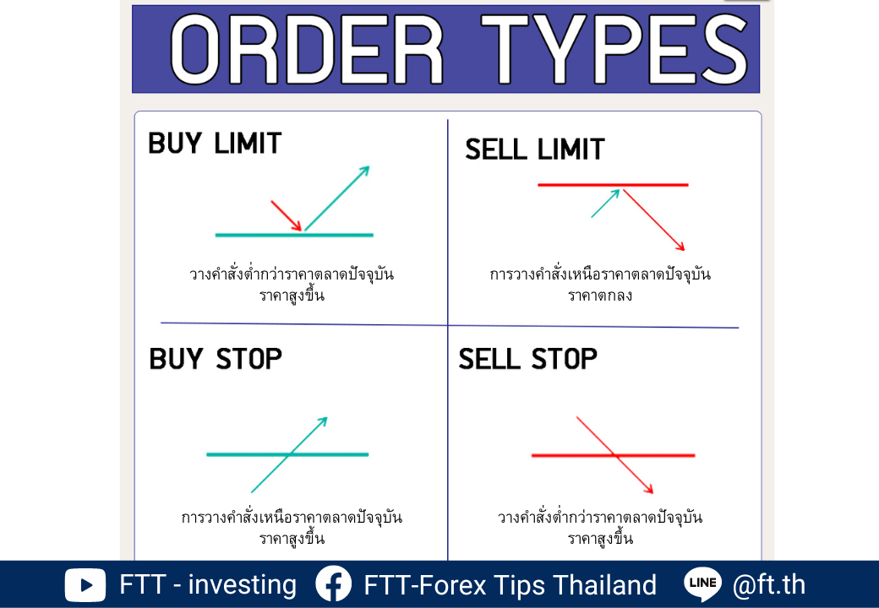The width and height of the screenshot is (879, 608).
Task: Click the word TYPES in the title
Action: (615, 49)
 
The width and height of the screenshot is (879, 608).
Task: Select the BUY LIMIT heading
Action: (215, 144)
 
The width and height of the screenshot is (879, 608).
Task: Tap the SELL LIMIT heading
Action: (535, 149)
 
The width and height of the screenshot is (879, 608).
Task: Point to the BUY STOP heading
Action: (216, 359)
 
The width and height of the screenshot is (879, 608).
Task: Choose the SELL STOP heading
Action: (528, 359)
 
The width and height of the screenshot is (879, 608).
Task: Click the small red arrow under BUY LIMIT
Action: (287, 215)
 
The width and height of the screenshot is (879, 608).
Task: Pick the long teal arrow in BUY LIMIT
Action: (337, 198)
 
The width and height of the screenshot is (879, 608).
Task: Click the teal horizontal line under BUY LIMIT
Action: (294, 235)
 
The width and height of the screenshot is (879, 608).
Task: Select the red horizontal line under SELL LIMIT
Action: (613, 185)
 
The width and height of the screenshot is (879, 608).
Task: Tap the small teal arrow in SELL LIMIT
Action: (605, 204)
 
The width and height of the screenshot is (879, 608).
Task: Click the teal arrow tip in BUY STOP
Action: (327, 417)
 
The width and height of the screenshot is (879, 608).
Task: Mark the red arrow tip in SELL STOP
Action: (653, 493)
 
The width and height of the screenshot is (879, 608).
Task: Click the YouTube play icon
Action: (85, 585)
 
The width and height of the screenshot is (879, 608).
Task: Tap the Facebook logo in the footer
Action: (334, 584)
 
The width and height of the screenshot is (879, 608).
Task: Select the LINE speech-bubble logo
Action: (703, 584)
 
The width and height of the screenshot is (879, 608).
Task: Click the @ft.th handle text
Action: (769, 585)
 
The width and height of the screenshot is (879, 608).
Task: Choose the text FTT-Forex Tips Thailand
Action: (510, 585)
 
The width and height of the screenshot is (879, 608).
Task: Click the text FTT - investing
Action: (208, 585)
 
